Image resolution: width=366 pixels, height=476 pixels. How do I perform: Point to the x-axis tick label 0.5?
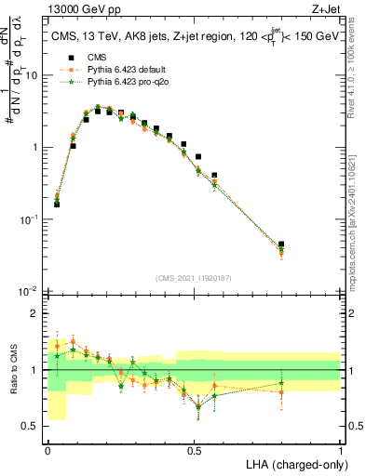[x=194, y=449]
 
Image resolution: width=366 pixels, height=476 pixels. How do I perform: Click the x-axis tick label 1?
[x=341, y=449]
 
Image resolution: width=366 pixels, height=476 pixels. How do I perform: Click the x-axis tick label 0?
[x=47, y=449]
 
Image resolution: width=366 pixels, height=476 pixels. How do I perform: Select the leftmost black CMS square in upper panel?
[x=57, y=204]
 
